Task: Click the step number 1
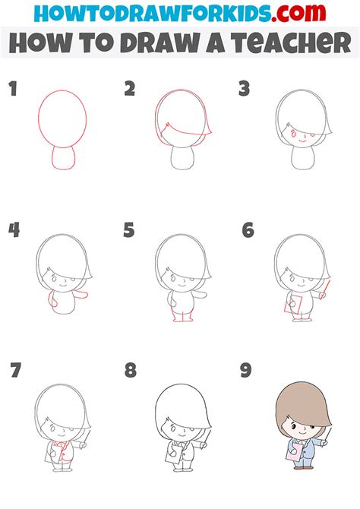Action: pyautogui.click(x=12, y=90)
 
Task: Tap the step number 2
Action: pyautogui.click(x=130, y=90)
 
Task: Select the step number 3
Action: pyautogui.click(x=245, y=90)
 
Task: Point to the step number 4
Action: pyautogui.click(x=13, y=229)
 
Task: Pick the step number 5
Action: pyautogui.click(x=129, y=229)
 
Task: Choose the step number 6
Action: pyautogui.click(x=247, y=229)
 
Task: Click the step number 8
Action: pyautogui.click(x=131, y=371)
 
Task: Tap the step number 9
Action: pyautogui.click(x=246, y=371)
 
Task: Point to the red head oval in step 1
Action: pyautogui.click(x=62, y=118)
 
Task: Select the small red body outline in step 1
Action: pyautogui.click(x=62, y=158)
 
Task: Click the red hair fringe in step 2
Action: pyautogui.click(x=179, y=134)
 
